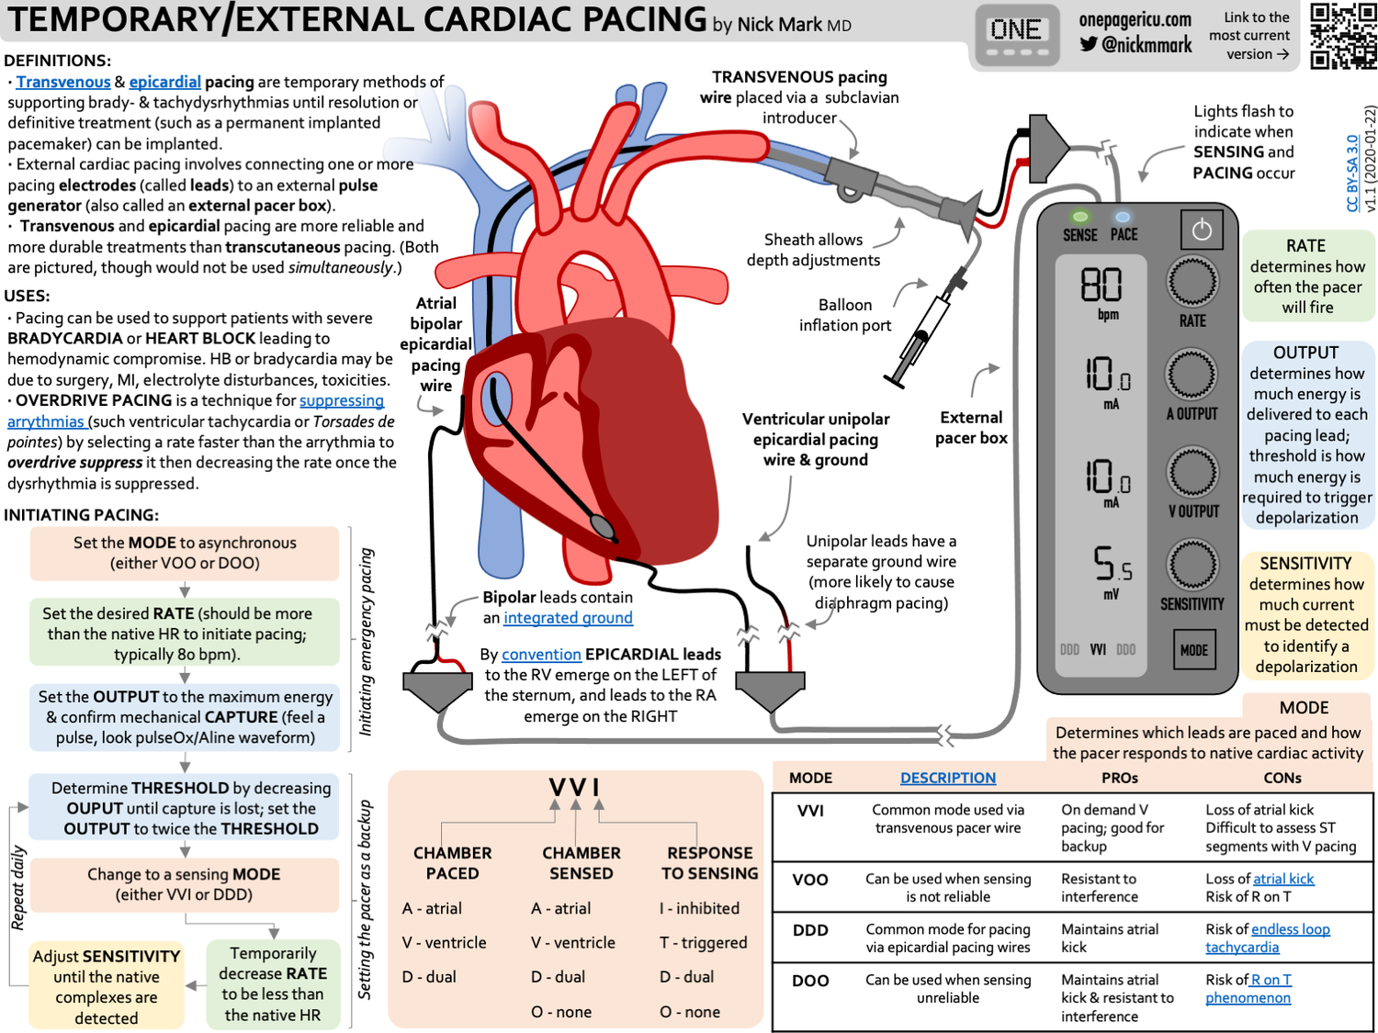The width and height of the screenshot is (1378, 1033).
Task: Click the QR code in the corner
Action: coord(1343,36)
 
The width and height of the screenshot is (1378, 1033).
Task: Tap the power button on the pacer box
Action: coord(1202,230)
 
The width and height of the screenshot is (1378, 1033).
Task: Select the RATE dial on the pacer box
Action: coord(1192,282)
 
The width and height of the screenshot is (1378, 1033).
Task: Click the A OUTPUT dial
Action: coord(1192,375)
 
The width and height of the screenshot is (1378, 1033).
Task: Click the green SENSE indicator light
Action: coord(1080,218)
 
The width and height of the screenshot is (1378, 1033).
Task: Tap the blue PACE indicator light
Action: coord(1123,218)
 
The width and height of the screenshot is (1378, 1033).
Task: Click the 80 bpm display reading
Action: coord(1101,286)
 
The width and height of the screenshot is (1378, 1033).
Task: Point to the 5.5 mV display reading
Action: coord(1112,564)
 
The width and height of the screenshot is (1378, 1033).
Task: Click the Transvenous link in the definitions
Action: coord(62,83)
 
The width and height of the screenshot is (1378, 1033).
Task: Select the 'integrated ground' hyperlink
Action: coord(568,618)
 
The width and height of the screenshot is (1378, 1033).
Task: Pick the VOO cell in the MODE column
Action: coord(810,880)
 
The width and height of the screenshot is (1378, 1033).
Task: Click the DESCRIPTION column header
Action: coord(947,778)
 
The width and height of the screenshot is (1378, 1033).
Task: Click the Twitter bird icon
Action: coord(1089,44)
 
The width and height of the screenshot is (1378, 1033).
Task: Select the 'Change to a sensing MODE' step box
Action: coord(184,884)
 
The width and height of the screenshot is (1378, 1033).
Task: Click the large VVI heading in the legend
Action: coord(575,788)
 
